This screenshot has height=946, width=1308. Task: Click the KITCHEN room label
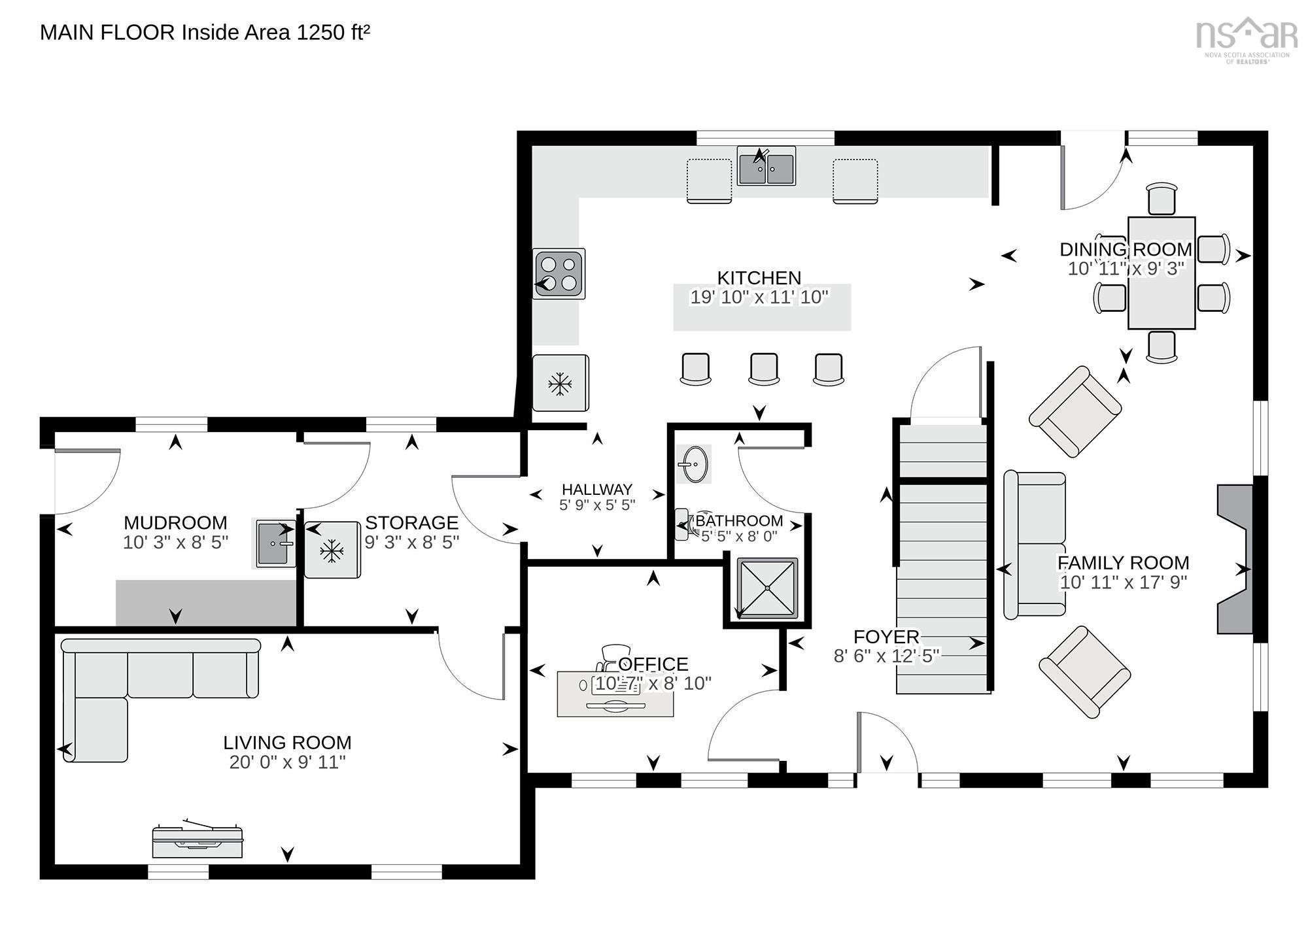pos(759,278)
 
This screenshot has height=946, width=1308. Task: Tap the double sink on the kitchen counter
pos(766,166)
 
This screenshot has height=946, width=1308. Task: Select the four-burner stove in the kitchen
pos(559,273)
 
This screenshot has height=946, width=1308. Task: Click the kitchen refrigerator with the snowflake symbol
pos(560,383)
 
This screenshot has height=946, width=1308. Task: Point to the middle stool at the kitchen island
pos(763,369)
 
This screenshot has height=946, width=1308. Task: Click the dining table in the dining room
pos(1162,273)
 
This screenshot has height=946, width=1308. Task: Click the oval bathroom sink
pos(693,464)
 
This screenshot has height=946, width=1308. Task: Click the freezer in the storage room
pos(332,550)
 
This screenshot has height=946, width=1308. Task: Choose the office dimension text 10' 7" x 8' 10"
pos(653,684)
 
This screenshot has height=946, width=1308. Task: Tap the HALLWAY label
pos(597,489)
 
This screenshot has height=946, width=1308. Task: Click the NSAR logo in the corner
pos(1247,39)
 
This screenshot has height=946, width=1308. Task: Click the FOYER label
pos(886,636)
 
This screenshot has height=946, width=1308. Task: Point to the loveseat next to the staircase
pos(1035,545)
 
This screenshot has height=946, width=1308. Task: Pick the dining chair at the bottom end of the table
pos(1161,346)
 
